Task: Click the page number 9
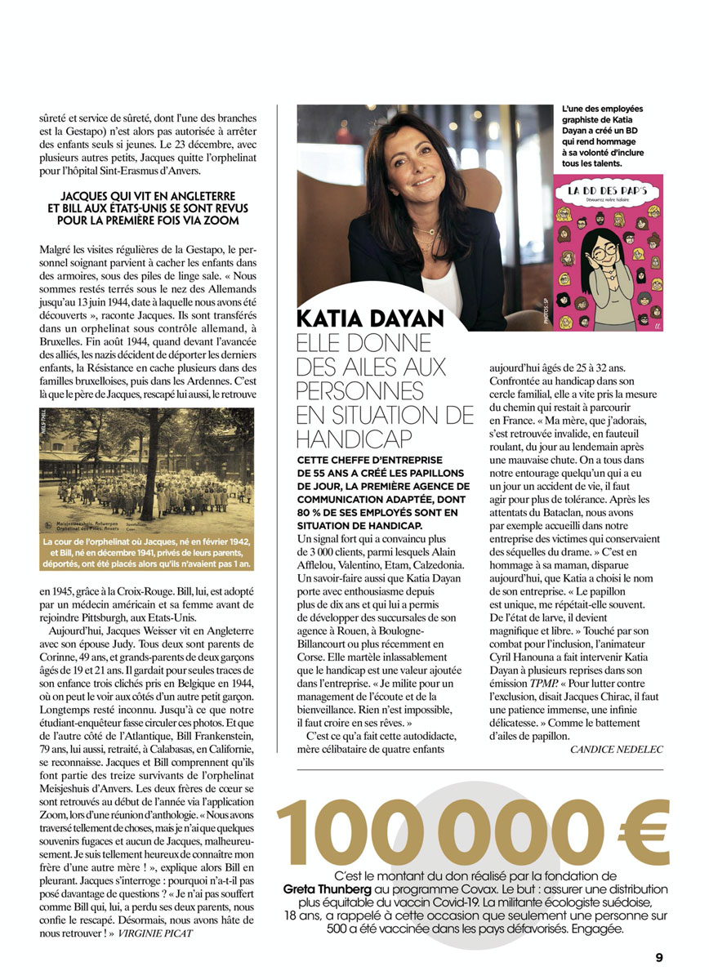pyautogui.click(x=658, y=958)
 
